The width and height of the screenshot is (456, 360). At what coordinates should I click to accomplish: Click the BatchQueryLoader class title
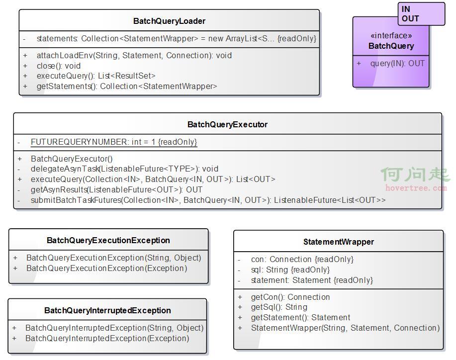pyautogui.click(x=169, y=21)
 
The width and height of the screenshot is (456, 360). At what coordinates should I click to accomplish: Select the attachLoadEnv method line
pyautogui.click(x=134, y=55)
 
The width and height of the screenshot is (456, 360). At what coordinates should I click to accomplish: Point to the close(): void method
pyautogui.click(x=59, y=66)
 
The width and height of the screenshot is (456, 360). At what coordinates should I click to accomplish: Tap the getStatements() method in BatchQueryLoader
pyautogui.click(x=127, y=86)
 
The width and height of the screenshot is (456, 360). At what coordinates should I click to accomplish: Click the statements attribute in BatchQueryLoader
pyautogui.click(x=176, y=38)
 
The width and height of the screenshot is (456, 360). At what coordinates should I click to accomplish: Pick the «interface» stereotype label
pyautogui.click(x=391, y=35)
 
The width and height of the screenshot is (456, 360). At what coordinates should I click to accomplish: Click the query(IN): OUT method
pyautogui.click(x=397, y=63)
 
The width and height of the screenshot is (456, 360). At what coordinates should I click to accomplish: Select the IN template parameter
pyautogui.click(x=406, y=9)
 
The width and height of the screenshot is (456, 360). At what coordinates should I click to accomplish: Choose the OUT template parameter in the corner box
pyautogui.click(x=410, y=18)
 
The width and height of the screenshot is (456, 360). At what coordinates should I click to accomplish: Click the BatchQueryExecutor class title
pyautogui.click(x=227, y=124)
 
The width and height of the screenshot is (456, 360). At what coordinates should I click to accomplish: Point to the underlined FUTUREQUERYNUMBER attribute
pyautogui.click(x=114, y=142)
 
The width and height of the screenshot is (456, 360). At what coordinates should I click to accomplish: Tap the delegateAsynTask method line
pyautogui.click(x=124, y=169)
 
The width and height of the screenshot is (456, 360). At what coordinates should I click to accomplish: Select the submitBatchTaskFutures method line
pyautogui.click(x=208, y=200)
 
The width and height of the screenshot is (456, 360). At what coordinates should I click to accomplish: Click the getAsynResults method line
pyautogui.click(x=117, y=189)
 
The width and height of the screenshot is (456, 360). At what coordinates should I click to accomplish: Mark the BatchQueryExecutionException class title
pyautogui.click(x=108, y=240)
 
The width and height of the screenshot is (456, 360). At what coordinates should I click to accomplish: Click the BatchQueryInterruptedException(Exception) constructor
pyautogui.click(x=107, y=338)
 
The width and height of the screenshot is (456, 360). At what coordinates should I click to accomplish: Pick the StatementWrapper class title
pyautogui.click(x=339, y=242)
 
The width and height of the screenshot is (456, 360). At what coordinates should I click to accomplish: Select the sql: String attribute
pyautogui.click(x=290, y=270)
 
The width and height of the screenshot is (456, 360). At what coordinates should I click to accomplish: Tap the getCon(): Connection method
pyautogui.click(x=290, y=297)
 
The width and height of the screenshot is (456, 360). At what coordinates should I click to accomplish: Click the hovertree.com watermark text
pyautogui.click(x=416, y=188)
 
